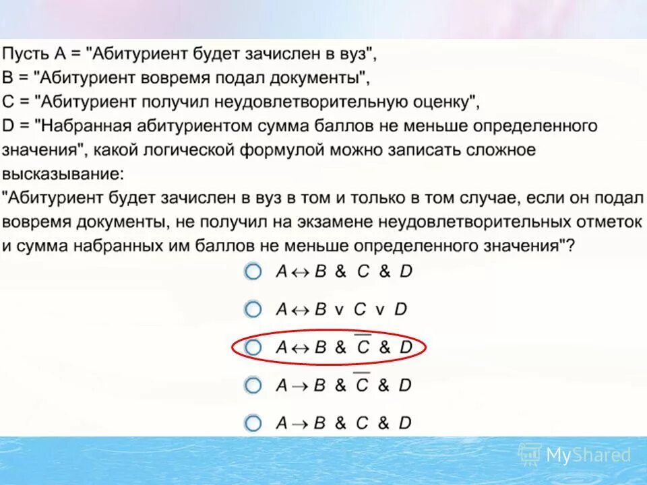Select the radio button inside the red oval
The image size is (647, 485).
pyautogui.click(x=252, y=348)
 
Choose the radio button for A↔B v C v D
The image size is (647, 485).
pyautogui.click(x=252, y=310)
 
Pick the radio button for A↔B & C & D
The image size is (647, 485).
pyautogui.click(x=252, y=272)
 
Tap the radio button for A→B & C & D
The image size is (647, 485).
pyautogui.click(x=252, y=423)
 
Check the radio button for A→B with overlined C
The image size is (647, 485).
pyautogui.click(x=252, y=385)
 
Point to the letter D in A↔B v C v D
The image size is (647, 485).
pyautogui.click(x=401, y=310)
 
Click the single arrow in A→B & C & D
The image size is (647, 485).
pyautogui.click(x=300, y=423)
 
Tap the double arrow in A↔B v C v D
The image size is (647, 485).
pyautogui.click(x=301, y=310)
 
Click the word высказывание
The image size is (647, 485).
pyautogui.click(x=61, y=174)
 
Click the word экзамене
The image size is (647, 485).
pyautogui.click(x=331, y=222)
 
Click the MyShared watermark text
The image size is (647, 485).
pyautogui.click(x=588, y=455)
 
